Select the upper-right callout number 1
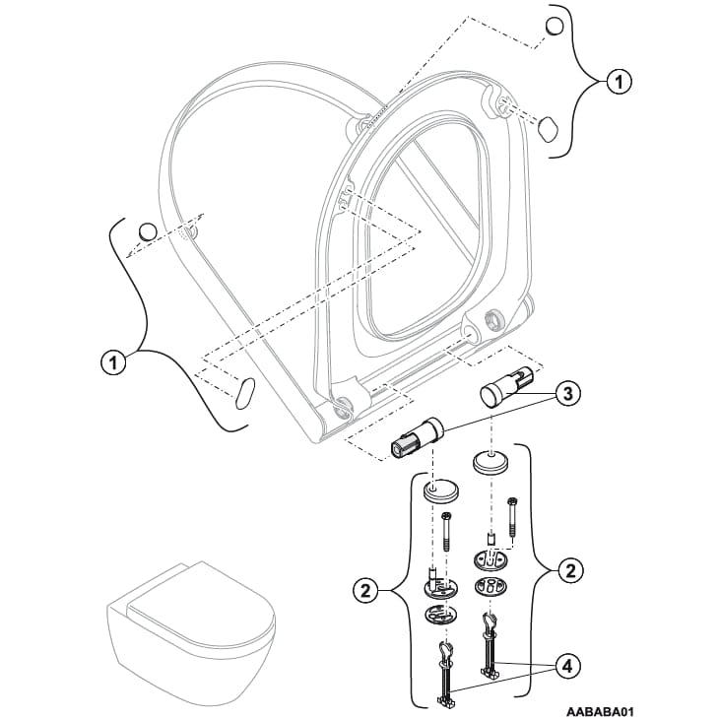click(618, 83)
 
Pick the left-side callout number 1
click(114, 362)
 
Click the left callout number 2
click(365, 591)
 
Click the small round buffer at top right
click(555, 26)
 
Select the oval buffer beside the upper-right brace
click(548, 126)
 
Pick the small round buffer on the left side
click(147, 230)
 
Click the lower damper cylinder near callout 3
click(419, 437)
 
